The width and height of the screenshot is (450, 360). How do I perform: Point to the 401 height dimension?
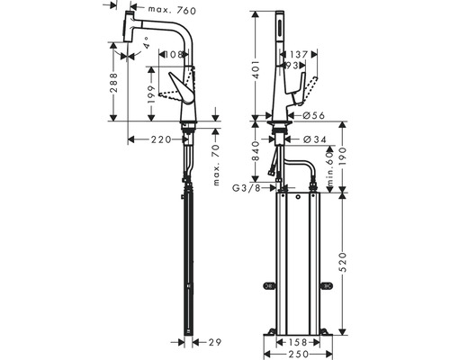(256, 72)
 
